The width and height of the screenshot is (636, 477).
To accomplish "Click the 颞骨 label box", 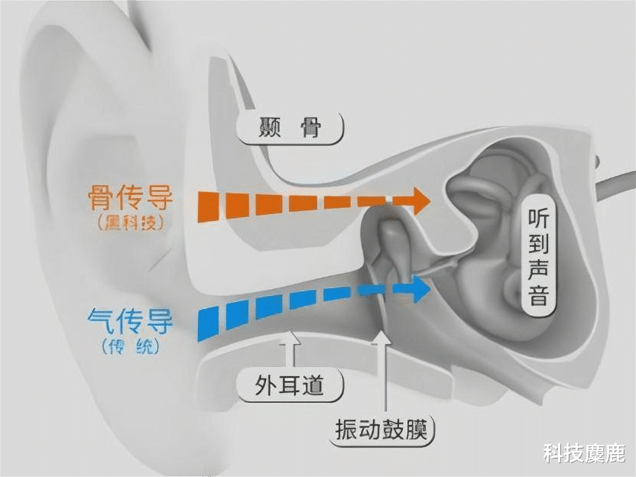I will (x=290, y=128).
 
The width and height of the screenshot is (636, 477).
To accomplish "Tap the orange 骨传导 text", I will (x=131, y=198).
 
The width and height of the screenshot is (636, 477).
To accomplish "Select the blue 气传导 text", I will (x=130, y=320).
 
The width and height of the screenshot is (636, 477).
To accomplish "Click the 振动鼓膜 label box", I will (x=384, y=429).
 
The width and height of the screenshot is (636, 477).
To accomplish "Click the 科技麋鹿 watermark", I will (x=585, y=453).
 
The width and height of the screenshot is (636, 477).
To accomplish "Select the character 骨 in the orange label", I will (x=100, y=198).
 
